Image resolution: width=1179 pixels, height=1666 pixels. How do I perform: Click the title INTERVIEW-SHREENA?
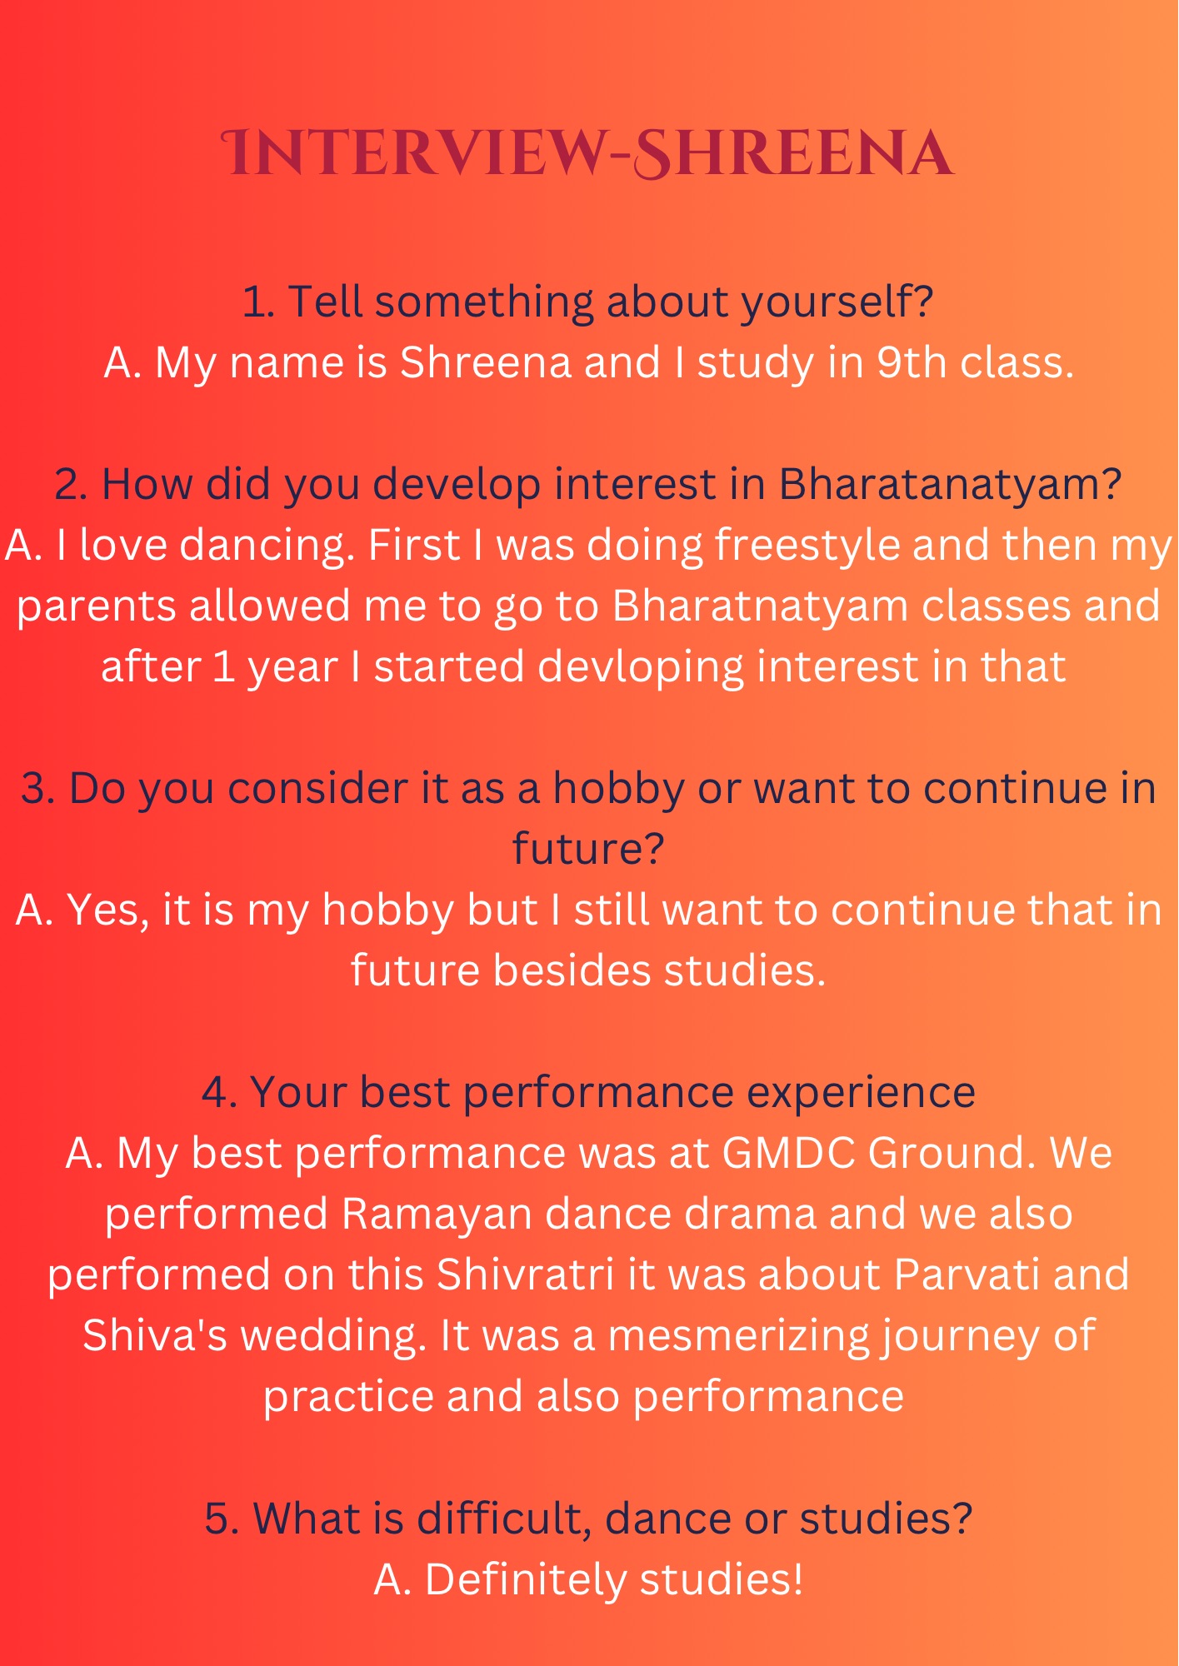click(x=588, y=153)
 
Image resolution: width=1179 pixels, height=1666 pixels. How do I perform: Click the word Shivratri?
click(x=525, y=1275)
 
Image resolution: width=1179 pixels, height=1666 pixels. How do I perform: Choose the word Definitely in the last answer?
click(x=526, y=1580)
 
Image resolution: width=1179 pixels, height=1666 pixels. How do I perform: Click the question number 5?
click(x=222, y=1519)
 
